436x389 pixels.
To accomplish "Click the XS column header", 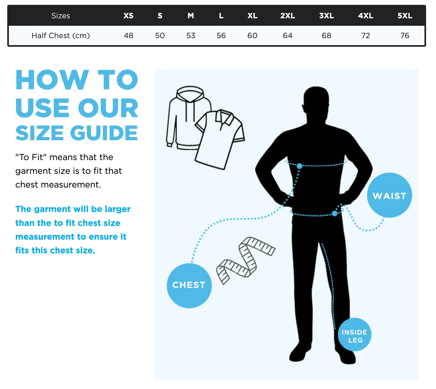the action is (x=128, y=16).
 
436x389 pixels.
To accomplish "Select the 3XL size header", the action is (x=326, y=16).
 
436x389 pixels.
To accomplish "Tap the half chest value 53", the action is (x=191, y=35).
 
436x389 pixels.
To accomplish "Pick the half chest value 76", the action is (x=405, y=35).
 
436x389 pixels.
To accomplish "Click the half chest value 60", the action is (x=252, y=35).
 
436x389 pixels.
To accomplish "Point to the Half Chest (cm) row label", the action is (x=61, y=35).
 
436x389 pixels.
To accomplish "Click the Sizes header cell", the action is (x=61, y=16).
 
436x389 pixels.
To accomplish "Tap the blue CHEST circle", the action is (x=189, y=286).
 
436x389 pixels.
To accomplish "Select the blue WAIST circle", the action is (x=389, y=195).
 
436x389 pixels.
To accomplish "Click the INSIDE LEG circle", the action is (x=354, y=335).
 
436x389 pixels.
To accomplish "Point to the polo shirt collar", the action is (x=224, y=117).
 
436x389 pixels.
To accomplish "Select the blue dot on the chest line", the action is (x=299, y=166).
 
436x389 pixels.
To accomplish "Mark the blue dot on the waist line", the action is (x=335, y=214).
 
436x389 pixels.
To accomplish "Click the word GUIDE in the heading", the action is (x=104, y=133).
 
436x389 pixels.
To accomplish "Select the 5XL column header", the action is (x=405, y=16).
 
